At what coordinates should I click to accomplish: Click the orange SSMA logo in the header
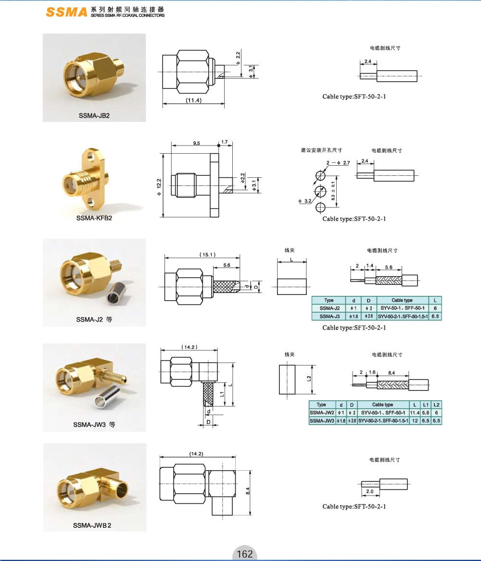(66, 12)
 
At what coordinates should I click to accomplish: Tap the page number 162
(245, 554)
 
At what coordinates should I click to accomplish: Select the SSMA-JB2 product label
(94, 116)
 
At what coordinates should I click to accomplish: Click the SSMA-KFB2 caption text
(94, 218)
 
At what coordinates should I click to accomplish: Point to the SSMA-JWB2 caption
(92, 525)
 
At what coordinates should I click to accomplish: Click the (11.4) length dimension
(193, 100)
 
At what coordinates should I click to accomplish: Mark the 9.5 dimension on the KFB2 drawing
(196, 143)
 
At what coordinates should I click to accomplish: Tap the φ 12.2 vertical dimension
(159, 187)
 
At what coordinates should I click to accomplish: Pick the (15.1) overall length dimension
(208, 255)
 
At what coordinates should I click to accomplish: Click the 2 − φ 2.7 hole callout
(338, 163)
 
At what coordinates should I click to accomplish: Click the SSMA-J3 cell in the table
(329, 316)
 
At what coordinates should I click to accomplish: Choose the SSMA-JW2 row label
(322, 413)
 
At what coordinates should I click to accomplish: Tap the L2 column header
(436, 404)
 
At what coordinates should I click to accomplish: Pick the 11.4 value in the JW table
(415, 413)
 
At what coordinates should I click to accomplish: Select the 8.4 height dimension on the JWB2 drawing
(248, 490)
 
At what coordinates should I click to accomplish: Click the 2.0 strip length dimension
(370, 491)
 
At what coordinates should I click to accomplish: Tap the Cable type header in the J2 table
(402, 300)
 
